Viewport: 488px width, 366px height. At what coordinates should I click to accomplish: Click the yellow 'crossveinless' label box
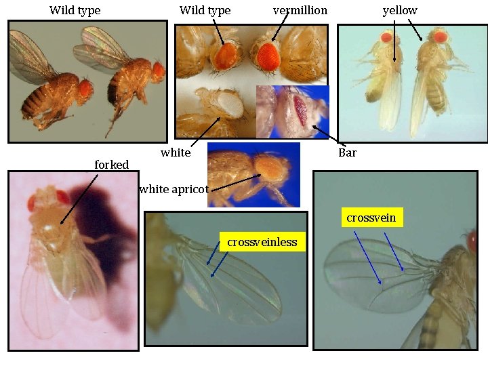point(262,242)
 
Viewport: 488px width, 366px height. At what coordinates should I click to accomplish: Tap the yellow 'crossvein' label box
point(371,218)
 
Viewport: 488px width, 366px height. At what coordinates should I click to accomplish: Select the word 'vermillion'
point(300,10)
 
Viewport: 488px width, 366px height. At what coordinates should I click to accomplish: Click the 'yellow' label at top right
point(400,10)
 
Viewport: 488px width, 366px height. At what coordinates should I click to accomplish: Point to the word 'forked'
point(111,165)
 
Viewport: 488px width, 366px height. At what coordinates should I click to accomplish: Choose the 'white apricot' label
point(174,189)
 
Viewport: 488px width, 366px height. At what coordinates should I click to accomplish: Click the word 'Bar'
point(347,152)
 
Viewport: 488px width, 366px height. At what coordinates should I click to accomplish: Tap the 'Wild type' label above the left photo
point(75,10)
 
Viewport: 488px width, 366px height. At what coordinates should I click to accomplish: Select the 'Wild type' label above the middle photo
point(205,10)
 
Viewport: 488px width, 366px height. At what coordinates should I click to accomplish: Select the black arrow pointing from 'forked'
point(80,197)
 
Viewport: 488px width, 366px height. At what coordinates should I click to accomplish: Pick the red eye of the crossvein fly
point(472,239)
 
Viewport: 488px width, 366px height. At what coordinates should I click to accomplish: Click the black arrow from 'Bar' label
point(328,136)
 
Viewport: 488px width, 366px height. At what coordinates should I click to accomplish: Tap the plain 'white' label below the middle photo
point(176,152)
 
